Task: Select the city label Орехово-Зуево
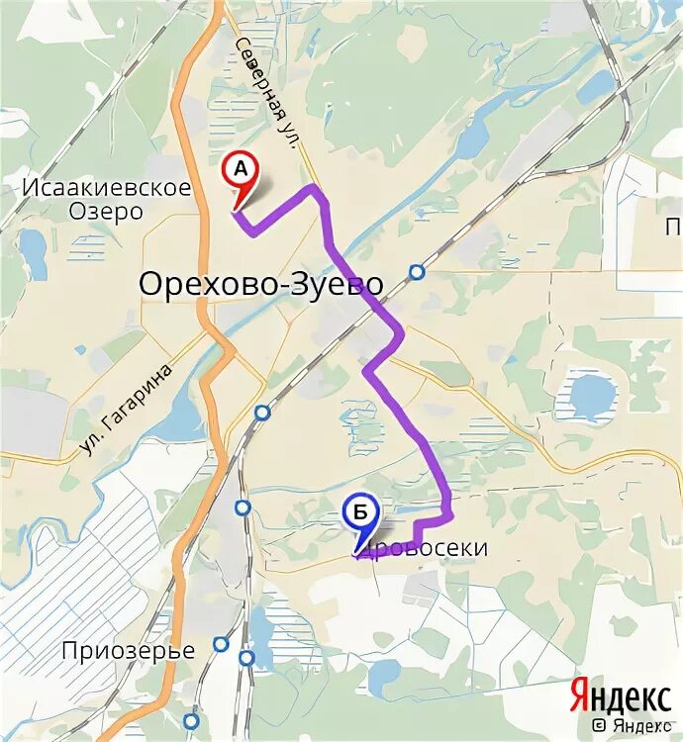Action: (x=260, y=285)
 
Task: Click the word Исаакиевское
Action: (x=106, y=187)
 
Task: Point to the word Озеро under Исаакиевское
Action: (x=106, y=211)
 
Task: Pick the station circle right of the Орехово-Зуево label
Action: (x=418, y=272)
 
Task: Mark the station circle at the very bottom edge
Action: (x=190, y=720)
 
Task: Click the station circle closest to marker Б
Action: (x=244, y=509)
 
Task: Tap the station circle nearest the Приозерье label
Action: (x=221, y=644)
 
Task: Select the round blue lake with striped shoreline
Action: (x=592, y=394)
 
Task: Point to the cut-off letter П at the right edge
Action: (x=674, y=229)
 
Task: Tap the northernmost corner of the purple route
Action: (x=315, y=186)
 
